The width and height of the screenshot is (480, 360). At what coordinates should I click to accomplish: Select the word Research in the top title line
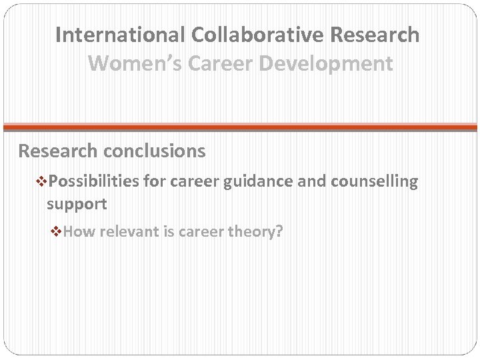pos(372,35)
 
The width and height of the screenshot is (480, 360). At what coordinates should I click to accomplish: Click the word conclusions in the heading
pos(154,151)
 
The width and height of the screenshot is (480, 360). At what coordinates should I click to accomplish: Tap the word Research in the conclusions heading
pos(58,151)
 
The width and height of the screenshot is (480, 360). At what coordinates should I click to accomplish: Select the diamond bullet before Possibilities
pos(43,181)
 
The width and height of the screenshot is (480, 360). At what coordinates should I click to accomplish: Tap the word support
pos(77,203)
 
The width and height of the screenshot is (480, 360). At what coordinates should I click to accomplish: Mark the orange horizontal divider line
pos(240,126)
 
